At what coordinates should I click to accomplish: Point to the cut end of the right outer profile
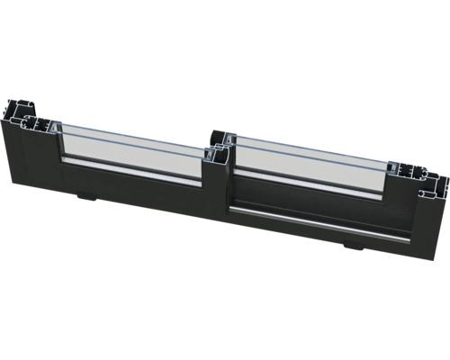423,176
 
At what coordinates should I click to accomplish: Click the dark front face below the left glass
135,193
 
